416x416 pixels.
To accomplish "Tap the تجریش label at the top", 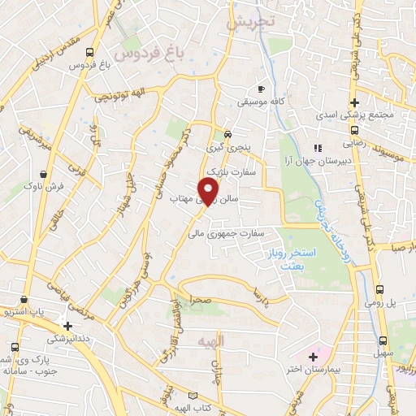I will coord(246,24).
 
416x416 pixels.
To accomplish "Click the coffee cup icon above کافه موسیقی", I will coord(261,89).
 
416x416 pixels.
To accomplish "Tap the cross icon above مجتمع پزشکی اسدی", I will coord(353,102).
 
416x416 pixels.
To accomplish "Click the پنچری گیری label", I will coord(227,148).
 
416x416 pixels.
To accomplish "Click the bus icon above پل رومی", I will coord(380,288).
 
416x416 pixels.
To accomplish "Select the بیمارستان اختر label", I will coord(307,370).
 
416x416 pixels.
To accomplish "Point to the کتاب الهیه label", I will coord(204,406).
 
